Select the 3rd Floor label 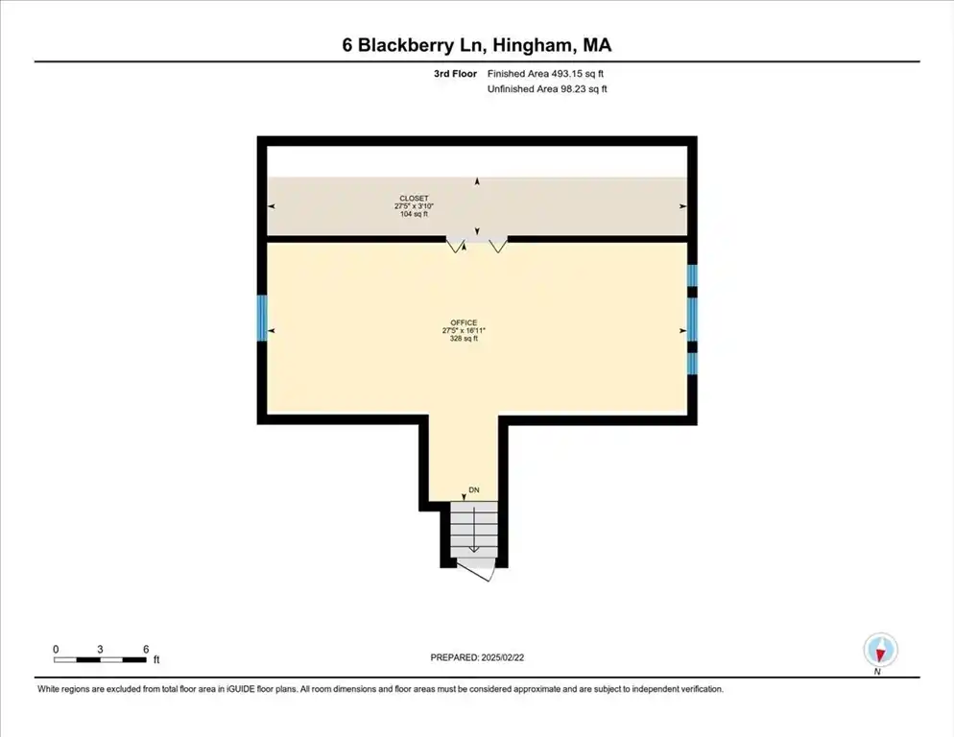pyautogui.click(x=455, y=74)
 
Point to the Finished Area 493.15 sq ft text pyautogui.click(x=545, y=74)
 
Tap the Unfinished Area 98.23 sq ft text pyautogui.click(x=547, y=89)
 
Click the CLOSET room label pyautogui.click(x=414, y=199)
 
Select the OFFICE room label pyautogui.click(x=464, y=322)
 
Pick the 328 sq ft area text pyautogui.click(x=464, y=339)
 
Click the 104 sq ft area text pyautogui.click(x=414, y=214)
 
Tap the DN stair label pyautogui.click(x=474, y=490)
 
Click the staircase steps pyautogui.click(x=474, y=528)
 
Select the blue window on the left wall pyautogui.click(x=262, y=318)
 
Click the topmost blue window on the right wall pyautogui.click(x=692, y=275)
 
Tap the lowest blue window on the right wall pyautogui.click(x=692, y=364)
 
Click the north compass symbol pyautogui.click(x=880, y=650)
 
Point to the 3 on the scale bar pyautogui.click(x=100, y=650)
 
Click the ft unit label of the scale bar pyautogui.click(x=156, y=659)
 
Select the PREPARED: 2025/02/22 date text pyautogui.click(x=477, y=657)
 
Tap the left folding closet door pyautogui.click(x=456, y=246)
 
